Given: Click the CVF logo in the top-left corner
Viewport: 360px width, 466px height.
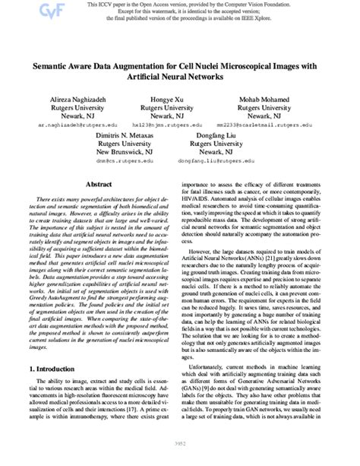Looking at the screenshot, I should coord(13,10).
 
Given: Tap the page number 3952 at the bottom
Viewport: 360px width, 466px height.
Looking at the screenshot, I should coord(179,458).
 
